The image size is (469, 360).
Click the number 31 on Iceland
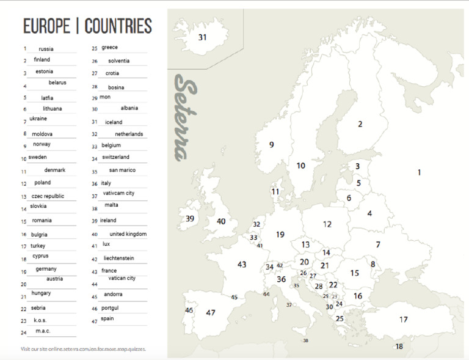click(x=202, y=37)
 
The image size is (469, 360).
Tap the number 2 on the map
click(x=360, y=124)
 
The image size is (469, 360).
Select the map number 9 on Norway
click(x=272, y=145)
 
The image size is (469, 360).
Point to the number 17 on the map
click(x=404, y=320)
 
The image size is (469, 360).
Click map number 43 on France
click(x=242, y=264)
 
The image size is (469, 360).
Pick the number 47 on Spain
click(x=211, y=312)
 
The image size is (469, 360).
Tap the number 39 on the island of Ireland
click(x=190, y=219)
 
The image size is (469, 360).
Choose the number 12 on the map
click(x=327, y=224)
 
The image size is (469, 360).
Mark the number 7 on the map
click(x=378, y=244)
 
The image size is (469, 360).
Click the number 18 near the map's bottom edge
click(x=399, y=347)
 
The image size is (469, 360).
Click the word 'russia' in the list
click(x=46, y=49)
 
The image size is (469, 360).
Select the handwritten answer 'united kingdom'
click(x=128, y=234)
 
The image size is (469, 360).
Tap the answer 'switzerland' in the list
click(x=116, y=157)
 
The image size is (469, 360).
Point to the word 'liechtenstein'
click(x=119, y=259)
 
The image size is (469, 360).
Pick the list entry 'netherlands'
click(x=129, y=134)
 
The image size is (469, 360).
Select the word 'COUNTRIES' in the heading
click(x=118, y=26)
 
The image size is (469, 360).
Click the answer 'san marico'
click(x=123, y=170)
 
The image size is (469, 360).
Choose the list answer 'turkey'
click(x=38, y=246)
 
